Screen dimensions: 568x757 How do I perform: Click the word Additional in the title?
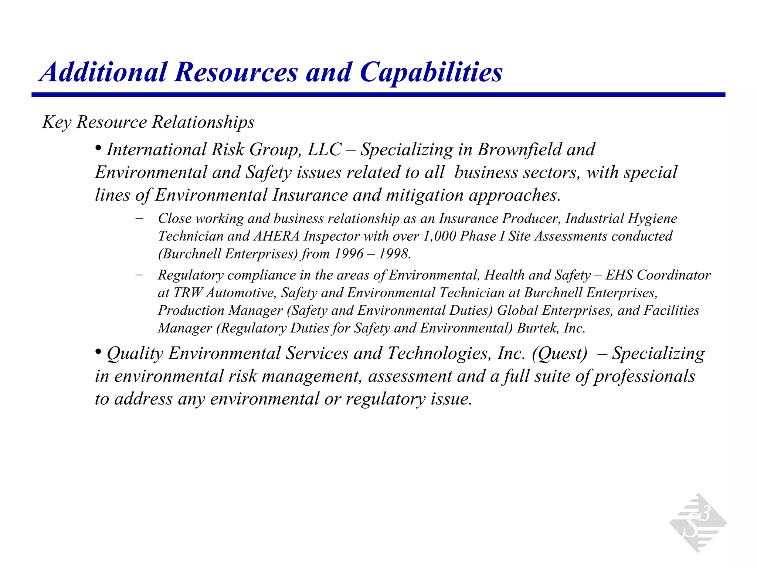tap(104, 72)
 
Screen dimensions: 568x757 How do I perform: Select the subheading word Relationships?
tap(203, 122)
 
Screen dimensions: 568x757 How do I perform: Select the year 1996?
tap(349, 254)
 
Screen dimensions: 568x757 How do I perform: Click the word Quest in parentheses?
tap(559, 354)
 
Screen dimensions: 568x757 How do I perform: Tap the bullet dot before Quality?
tap(98, 352)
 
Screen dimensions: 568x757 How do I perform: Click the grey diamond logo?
tap(697, 523)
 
